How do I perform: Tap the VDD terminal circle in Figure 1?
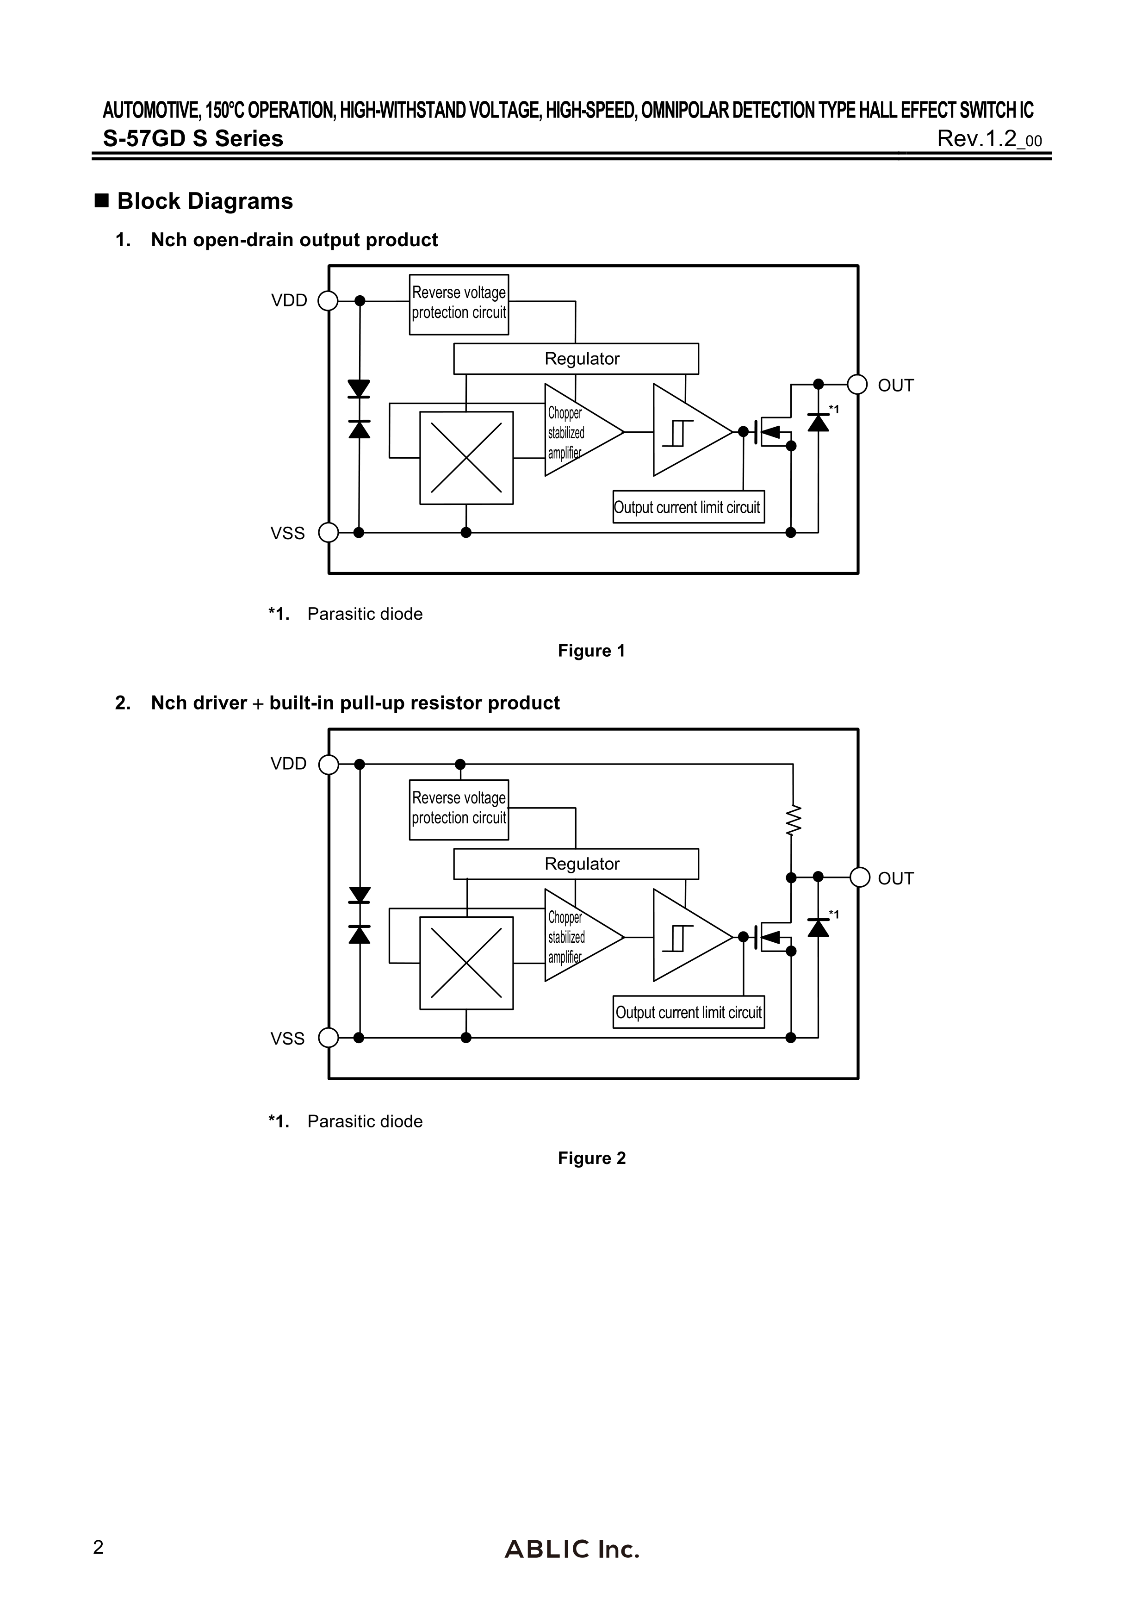click(328, 301)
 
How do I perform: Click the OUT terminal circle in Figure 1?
click(857, 385)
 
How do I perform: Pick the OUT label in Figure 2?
click(895, 878)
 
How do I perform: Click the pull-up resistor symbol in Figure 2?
click(793, 821)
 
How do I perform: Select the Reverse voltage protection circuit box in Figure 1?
click(459, 304)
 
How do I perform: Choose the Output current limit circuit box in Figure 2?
click(688, 1012)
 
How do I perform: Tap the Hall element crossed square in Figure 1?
click(466, 458)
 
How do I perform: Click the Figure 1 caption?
click(591, 651)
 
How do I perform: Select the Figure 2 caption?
click(591, 1158)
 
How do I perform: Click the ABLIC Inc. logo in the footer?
click(571, 1549)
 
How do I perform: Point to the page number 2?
click(98, 1548)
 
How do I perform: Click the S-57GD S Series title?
click(193, 139)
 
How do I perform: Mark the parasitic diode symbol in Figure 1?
click(819, 423)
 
